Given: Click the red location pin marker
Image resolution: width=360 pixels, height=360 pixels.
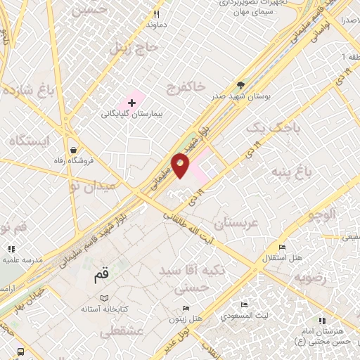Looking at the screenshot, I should click(x=180, y=165).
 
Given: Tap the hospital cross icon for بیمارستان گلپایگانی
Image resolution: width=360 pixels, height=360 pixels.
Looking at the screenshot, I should click(x=131, y=103).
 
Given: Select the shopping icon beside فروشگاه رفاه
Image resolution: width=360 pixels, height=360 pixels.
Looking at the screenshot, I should click(x=74, y=150).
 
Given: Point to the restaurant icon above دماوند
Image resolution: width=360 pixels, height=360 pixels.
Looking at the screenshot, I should click(x=157, y=13).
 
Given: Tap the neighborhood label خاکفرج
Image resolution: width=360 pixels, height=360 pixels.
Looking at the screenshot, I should click(x=186, y=86).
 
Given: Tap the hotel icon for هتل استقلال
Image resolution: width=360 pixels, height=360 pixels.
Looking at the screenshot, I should click(x=282, y=247).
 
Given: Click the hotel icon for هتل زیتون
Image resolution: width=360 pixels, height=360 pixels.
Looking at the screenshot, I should click(x=185, y=308).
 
